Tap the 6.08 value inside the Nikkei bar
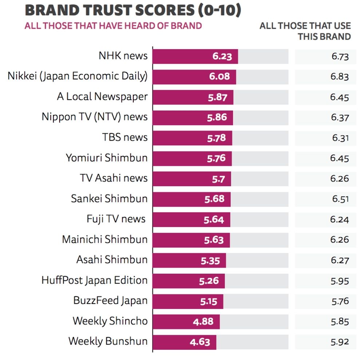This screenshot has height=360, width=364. click(x=219, y=77)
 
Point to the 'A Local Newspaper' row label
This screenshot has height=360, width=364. click(x=102, y=97)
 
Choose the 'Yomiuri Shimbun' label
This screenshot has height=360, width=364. click(x=107, y=158)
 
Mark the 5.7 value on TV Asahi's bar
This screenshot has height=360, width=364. click(x=218, y=179)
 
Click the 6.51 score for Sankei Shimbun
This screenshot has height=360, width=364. click(x=340, y=199)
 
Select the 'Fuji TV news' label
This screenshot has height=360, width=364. click(x=116, y=219)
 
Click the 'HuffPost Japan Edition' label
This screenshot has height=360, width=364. click(x=95, y=281)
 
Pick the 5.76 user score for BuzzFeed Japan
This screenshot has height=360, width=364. click(x=340, y=301)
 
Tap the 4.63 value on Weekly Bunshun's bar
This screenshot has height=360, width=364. click(x=200, y=342)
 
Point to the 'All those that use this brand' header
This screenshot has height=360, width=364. click(x=305, y=31)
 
